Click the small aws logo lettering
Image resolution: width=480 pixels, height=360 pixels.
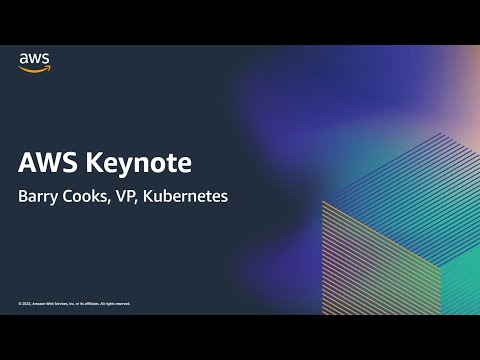[x=35, y=59]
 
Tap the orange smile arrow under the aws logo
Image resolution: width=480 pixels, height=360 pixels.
[x=35, y=69]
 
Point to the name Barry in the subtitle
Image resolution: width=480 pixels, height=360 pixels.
[x=39, y=196]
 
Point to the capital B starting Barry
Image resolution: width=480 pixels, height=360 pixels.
[x=24, y=196]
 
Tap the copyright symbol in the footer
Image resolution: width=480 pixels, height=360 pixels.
[x=20, y=303]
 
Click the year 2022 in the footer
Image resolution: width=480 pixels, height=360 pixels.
[x=27, y=303]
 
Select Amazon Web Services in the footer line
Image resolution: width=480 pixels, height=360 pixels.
[x=54, y=303]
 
